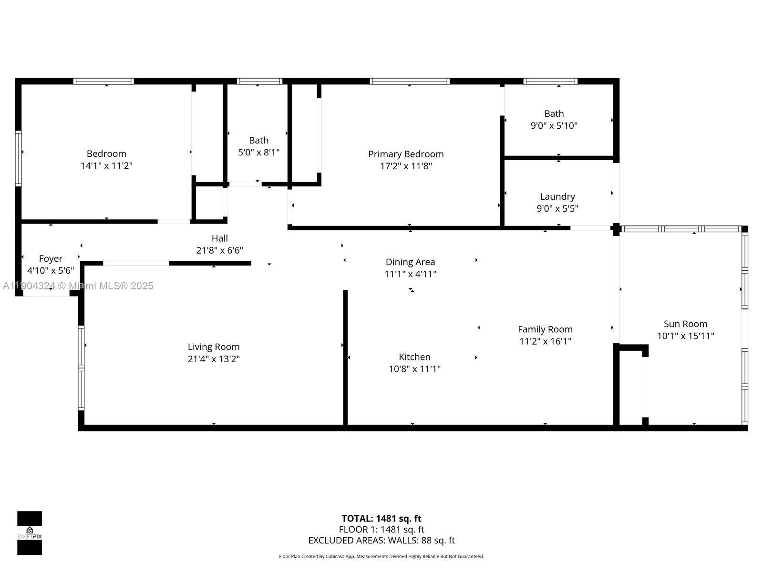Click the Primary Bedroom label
[x=405, y=154]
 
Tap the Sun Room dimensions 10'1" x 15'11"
[x=685, y=336]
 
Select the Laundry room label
[x=557, y=196]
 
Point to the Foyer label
[x=51, y=258]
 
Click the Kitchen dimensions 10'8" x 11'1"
[x=414, y=369]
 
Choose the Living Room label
[x=213, y=347]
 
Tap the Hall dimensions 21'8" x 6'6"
[x=219, y=250]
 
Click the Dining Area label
[x=410, y=262]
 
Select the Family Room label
[x=545, y=329]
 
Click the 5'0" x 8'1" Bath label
[x=258, y=140]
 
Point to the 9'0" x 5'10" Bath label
[x=554, y=113]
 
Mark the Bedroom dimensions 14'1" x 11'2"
[x=106, y=166]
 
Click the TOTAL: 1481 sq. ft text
[x=381, y=519]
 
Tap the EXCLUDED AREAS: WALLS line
[x=381, y=541]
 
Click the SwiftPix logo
[x=30, y=533]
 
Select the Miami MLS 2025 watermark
[x=78, y=286]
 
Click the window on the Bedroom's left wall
[x=18, y=158]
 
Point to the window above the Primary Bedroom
[x=409, y=82]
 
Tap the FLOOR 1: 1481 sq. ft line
[x=381, y=530]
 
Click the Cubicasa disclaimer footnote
[x=381, y=556]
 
